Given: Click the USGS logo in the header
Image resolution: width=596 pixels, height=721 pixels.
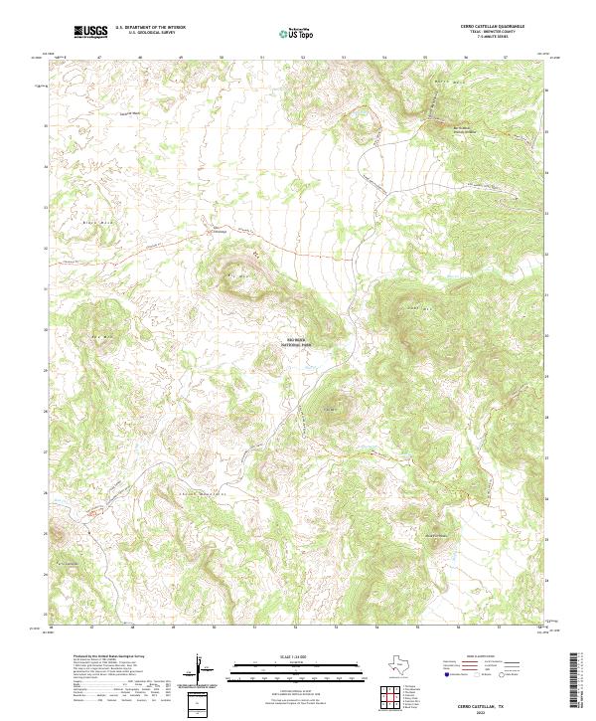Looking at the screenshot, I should point(90,32).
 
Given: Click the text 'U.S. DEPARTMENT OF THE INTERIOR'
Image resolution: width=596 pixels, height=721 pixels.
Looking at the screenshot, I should point(150,28).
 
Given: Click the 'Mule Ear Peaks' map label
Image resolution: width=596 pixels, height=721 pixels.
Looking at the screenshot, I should point(437,534).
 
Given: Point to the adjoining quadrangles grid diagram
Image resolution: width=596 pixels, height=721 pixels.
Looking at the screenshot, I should point(394,697).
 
